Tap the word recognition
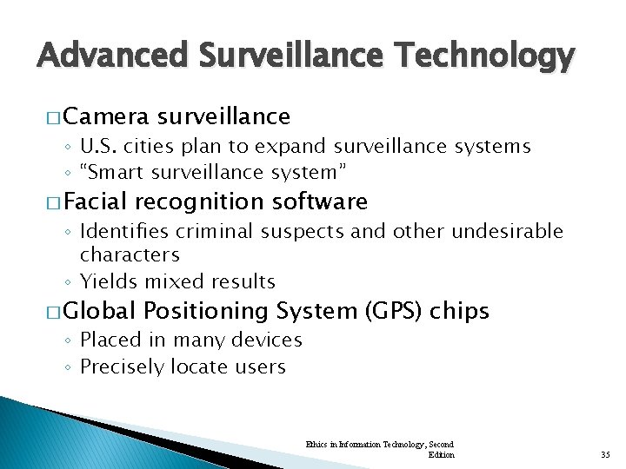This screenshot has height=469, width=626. [x=197, y=202]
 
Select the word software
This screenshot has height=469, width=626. [x=320, y=202]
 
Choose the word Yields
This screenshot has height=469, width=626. [x=104, y=281]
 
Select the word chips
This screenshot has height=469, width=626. [x=460, y=311]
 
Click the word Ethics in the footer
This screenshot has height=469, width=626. [x=316, y=444]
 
